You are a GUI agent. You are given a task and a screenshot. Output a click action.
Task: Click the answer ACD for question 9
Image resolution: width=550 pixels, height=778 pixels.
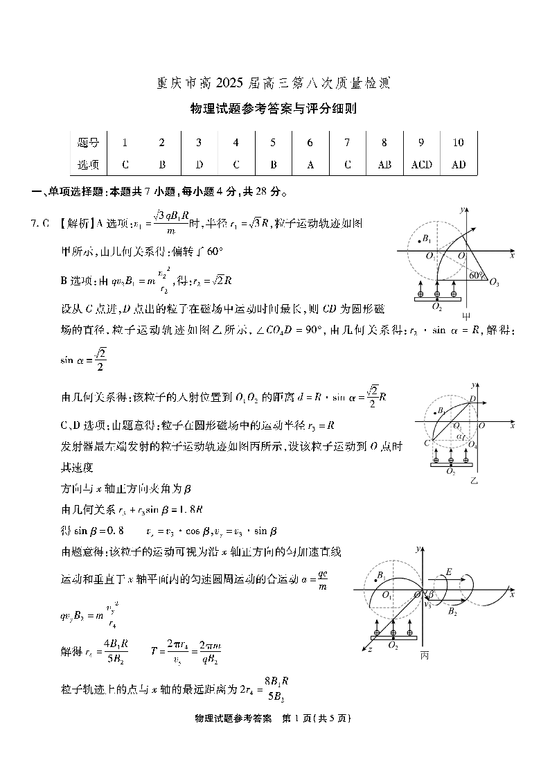pyautogui.click(x=421, y=165)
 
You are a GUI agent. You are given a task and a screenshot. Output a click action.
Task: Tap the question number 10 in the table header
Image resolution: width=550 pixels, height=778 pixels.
pyautogui.click(x=458, y=143)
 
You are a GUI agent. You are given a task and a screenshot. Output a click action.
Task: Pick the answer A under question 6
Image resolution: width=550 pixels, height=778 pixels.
pyautogui.click(x=310, y=165)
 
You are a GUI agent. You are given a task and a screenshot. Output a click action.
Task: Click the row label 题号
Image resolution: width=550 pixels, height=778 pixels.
pyautogui.click(x=89, y=143)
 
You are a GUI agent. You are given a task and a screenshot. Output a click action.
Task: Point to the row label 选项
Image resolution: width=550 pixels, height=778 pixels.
pyautogui.click(x=89, y=165)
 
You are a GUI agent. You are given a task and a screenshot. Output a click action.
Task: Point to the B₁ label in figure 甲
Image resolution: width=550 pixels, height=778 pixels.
pyautogui.click(x=427, y=240)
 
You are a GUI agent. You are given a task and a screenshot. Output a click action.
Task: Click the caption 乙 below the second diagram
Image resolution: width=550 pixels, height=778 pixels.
pyautogui.click(x=474, y=479)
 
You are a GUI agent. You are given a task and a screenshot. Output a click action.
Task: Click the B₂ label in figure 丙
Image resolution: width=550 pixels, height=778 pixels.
pyautogui.click(x=452, y=612)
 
